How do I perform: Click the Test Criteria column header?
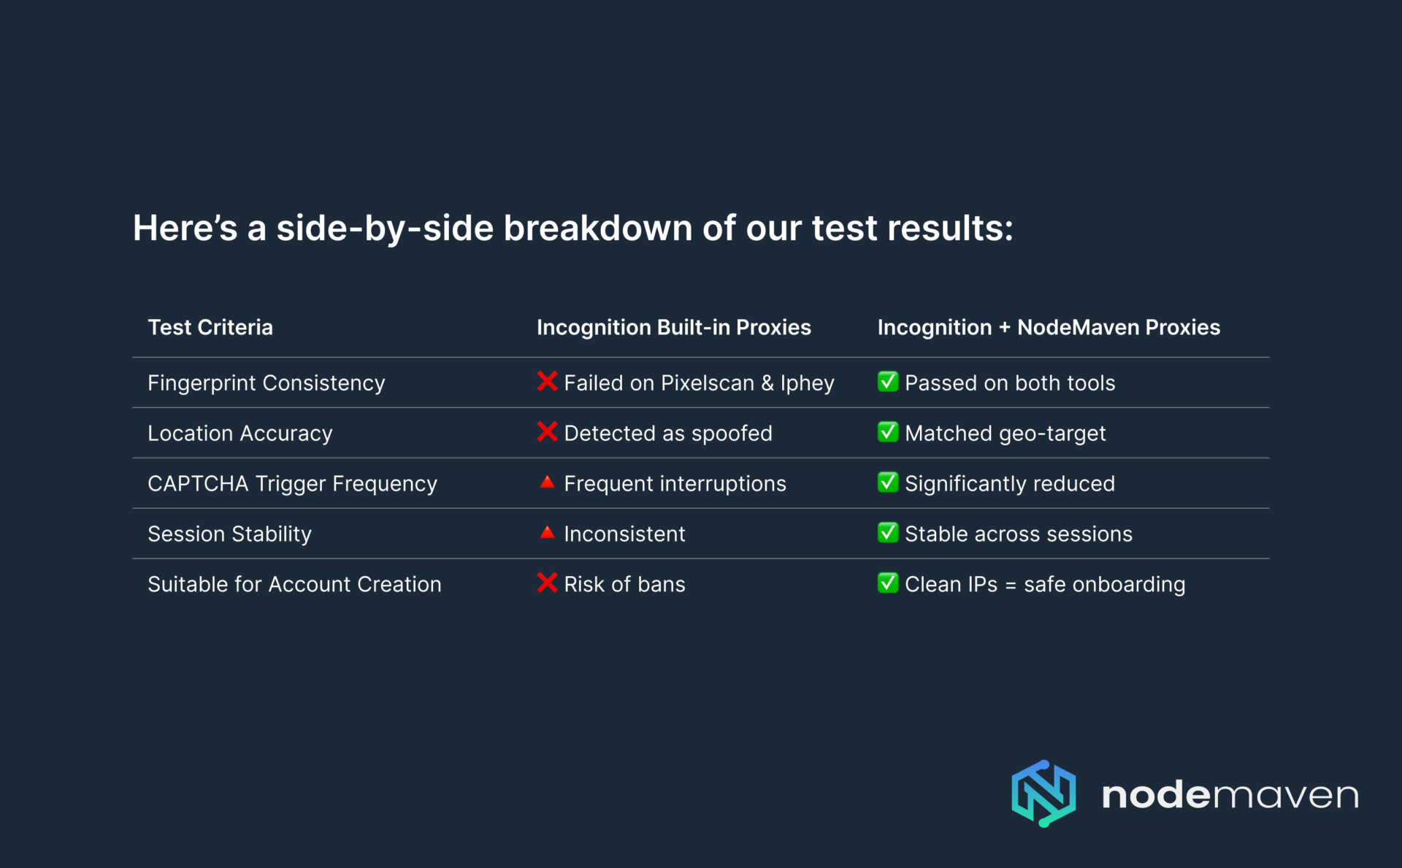(x=210, y=328)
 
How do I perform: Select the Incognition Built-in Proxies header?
(x=673, y=328)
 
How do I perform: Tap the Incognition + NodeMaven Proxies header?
(x=1049, y=328)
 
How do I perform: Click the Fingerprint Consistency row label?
(x=266, y=383)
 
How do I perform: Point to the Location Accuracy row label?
(x=240, y=434)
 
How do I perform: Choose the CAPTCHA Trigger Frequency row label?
(x=292, y=484)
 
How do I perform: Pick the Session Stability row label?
(x=229, y=534)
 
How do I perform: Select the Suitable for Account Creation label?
(x=294, y=585)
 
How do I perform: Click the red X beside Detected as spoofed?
(x=547, y=432)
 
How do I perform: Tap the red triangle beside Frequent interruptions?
(x=547, y=483)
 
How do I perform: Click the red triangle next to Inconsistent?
(x=547, y=533)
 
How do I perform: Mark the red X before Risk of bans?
(x=547, y=583)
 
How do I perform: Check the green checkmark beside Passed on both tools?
(x=888, y=382)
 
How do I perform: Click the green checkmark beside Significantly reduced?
(x=888, y=483)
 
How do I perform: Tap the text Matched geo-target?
(x=1005, y=434)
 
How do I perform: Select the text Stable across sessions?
(x=1019, y=534)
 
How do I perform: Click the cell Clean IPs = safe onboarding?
(x=1045, y=585)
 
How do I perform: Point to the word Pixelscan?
(x=707, y=383)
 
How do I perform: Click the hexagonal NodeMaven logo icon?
(x=1043, y=794)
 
